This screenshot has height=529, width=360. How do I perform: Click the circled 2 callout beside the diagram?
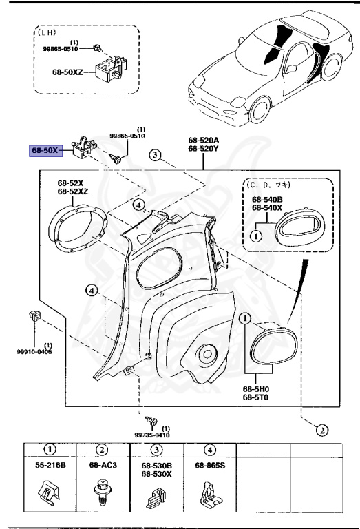tap(320, 431)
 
